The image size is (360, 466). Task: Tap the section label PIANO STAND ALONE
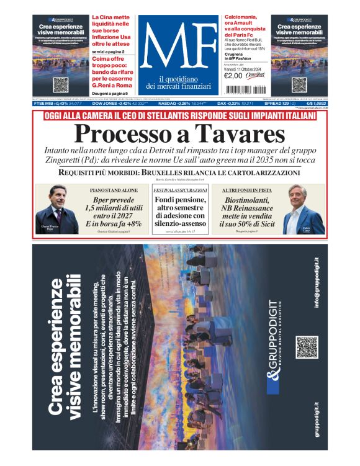(x=114, y=189)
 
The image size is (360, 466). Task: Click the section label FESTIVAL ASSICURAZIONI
(x=180, y=189)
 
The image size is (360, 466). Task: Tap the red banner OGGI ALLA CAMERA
(x=179, y=116)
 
